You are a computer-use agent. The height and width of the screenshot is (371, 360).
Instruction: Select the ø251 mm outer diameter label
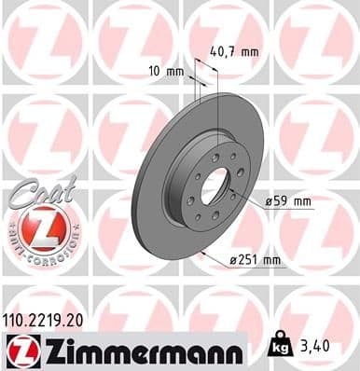click(x=258, y=260)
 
